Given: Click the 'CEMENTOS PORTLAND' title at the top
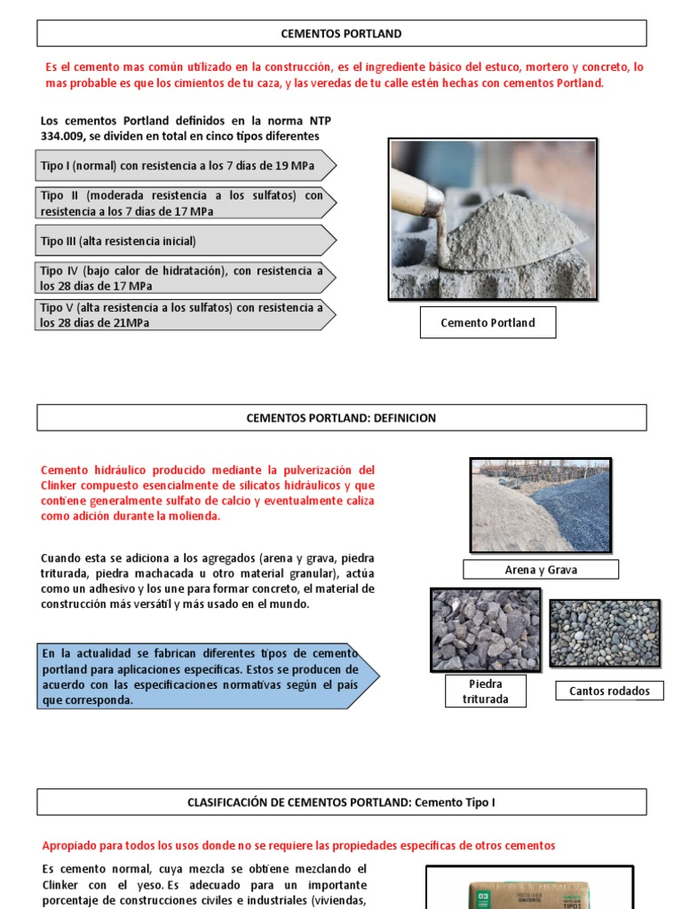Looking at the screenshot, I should [341, 34].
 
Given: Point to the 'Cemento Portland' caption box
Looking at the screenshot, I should [488, 323].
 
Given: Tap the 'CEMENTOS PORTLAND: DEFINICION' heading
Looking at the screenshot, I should [341, 418].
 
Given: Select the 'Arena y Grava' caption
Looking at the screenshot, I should [540, 570].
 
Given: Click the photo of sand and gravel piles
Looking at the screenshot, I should [540, 505].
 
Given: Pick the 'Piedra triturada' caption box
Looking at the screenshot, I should [485, 691].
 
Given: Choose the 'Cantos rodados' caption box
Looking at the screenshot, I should [609, 691].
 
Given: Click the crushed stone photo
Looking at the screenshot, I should [485, 629].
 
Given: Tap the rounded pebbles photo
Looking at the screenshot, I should [605, 633].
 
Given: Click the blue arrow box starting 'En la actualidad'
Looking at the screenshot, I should [204, 676].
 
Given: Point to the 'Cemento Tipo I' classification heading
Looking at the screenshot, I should [341, 802].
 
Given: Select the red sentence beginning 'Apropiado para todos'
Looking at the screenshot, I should [298, 846].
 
